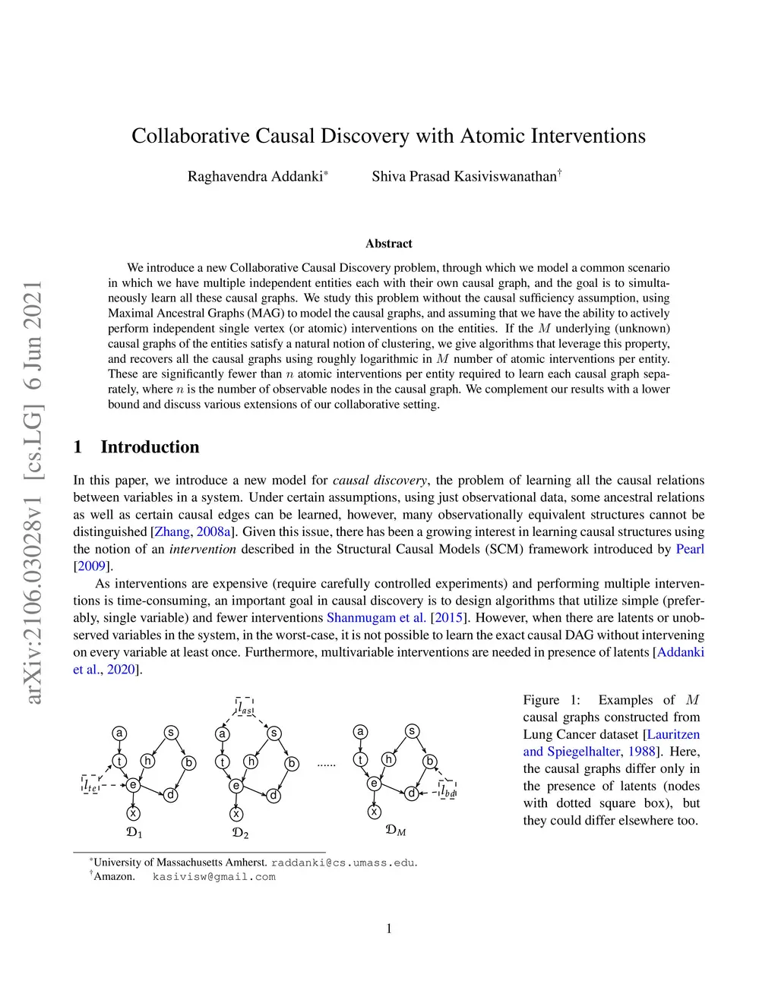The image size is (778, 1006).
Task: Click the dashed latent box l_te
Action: [x=90, y=784]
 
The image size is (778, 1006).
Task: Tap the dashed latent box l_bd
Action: [x=448, y=791]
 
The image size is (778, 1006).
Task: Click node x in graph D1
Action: [x=134, y=813]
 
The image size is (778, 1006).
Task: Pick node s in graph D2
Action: [x=274, y=733]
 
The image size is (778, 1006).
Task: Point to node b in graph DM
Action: [x=430, y=761]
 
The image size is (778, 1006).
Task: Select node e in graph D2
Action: [x=236, y=786]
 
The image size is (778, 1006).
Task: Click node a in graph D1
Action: [x=119, y=733]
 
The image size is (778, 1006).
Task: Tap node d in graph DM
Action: [x=411, y=793]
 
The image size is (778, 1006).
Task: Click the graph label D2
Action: [x=240, y=833]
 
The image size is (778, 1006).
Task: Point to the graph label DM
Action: [x=396, y=830]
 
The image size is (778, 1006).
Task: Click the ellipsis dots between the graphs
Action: [x=326, y=764]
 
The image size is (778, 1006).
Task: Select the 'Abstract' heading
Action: [x=388, y=244]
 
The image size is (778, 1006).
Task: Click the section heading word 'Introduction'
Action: [x=150, y=446]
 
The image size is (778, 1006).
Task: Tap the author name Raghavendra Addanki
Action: [x=255, y=177]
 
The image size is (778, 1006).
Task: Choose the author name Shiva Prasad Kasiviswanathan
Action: [x=464, y=177]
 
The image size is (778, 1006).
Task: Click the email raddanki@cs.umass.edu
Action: [x=343, y=863]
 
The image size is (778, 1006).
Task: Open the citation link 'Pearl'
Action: [x=690, y=549]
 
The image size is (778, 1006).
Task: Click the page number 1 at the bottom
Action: [x=389, y=929]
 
